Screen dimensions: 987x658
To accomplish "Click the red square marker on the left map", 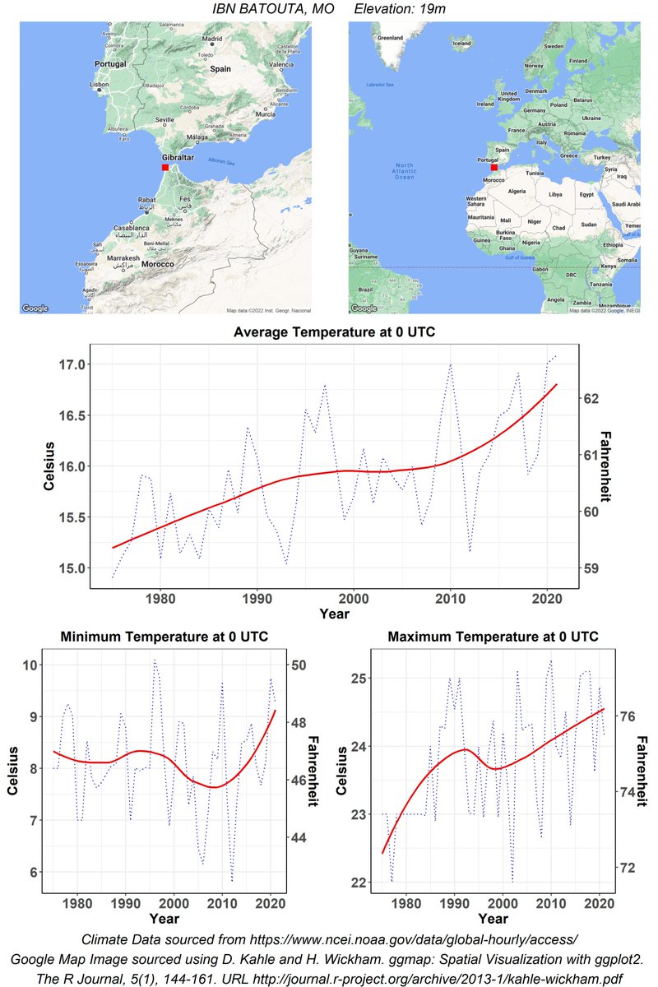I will coord(165,167).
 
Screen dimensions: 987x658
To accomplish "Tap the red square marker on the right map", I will coord(493,167).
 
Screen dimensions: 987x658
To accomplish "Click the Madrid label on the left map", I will coord(214,39).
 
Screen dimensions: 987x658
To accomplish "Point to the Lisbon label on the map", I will coord(100,84).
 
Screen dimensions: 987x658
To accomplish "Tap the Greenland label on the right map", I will coord(389,38).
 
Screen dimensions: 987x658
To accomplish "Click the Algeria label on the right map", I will coord(517,191).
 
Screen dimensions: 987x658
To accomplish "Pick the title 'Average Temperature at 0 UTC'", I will coord(334,332).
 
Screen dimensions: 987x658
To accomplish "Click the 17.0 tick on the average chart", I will coord(69,364).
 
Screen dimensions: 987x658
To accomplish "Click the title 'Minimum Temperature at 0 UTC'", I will coord(164,637).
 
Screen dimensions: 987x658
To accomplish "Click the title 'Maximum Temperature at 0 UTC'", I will coord(493,637).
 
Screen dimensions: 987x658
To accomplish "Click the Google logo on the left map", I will coord(35,308).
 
